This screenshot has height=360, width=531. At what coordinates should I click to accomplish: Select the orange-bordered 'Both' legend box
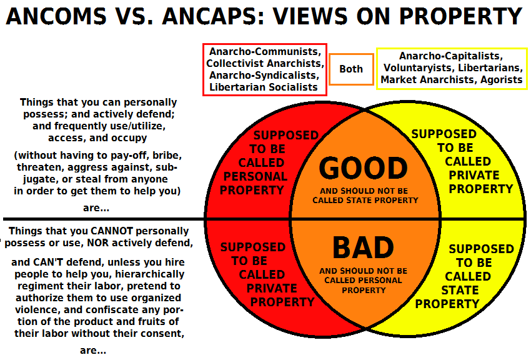tap(351, 69)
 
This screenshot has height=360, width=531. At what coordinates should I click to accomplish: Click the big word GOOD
tap(363, 169)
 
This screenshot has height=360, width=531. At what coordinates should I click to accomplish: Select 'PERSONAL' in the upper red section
tap(255, 177)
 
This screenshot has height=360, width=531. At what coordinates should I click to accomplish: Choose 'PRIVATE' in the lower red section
tap(272, 289)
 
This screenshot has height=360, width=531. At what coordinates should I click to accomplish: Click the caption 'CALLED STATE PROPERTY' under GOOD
tap(365, 201)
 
